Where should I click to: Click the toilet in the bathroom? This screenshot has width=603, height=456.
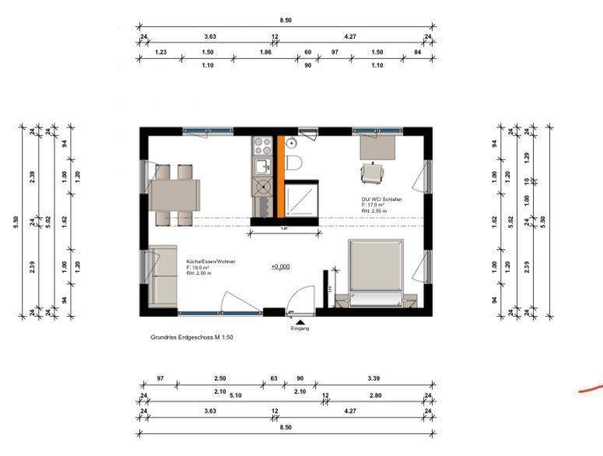pyautogui.click(x=294, y=162)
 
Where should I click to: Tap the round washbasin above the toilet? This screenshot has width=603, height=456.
pyautogui.click(x=290, y=144)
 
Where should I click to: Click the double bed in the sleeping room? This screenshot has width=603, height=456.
pyautogui.click(x=377, y=266)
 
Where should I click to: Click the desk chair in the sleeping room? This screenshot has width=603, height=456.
pyautogui.click(x=373, y=172)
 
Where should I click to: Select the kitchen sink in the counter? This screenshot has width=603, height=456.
pyautogui.click(x=260, y=165)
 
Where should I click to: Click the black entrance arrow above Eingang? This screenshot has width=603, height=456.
pyautogui.click(x=300, y=321)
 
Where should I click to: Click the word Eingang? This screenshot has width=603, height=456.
pyautogui.click(x=300, y=329)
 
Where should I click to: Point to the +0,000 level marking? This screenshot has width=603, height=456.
pyautogui.click(x=280, y=266)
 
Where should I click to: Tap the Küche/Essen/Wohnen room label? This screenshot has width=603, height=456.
pyautogui.click(x=210, y=262)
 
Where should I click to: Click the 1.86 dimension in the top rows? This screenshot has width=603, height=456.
pyautogui.click(x=266, y=51)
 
